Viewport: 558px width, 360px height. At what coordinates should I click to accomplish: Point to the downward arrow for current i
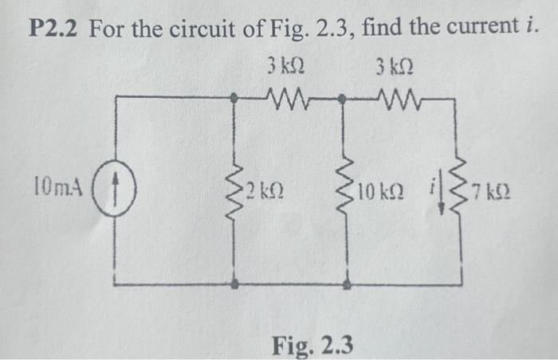coord(435,192)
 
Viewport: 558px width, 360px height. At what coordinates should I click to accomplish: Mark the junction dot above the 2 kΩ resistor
coord(234,100)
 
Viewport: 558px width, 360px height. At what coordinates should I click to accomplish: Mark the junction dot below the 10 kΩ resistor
coord(347,284)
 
